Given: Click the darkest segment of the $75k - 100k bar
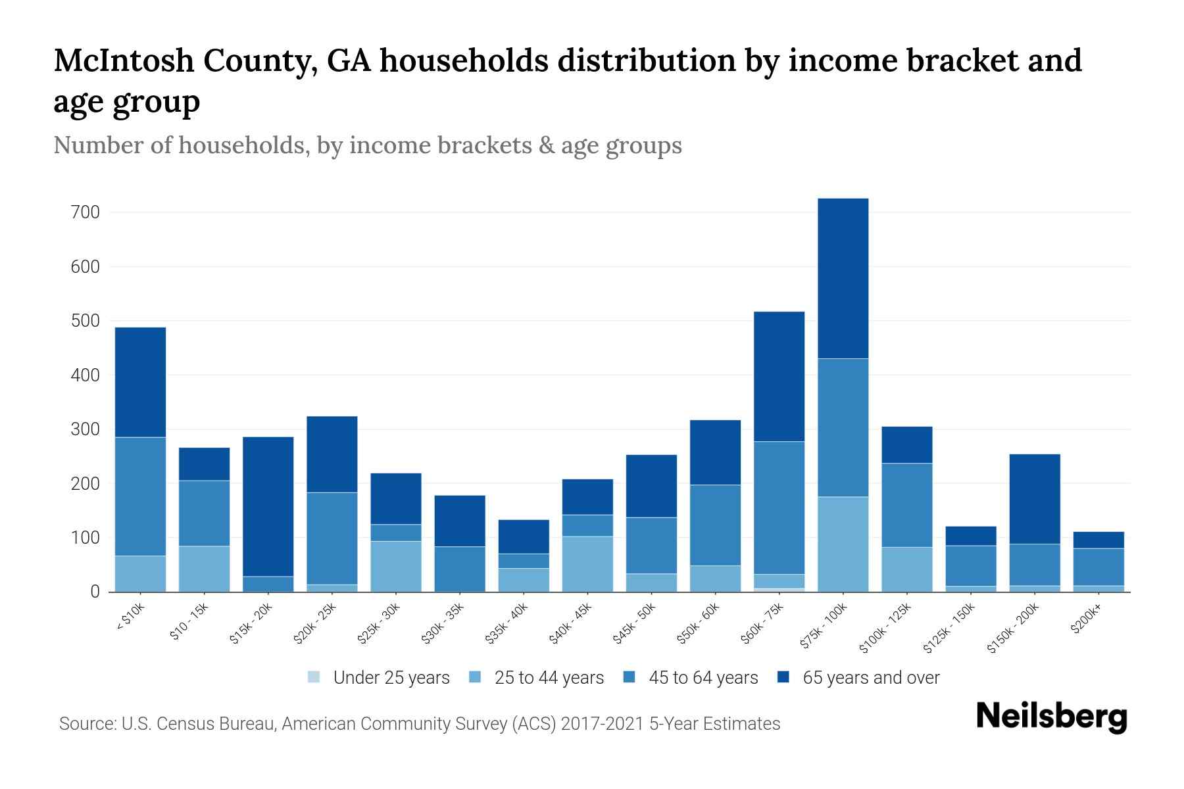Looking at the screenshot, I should pyautogui.click(x=843, y=278).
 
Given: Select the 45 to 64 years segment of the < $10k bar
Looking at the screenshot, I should pyautogui.click(x=140, y=496).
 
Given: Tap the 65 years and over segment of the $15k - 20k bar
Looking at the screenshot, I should pyautogui.click(x=268, y=506).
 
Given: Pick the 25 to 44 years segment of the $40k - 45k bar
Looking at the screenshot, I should pyautogui.click(x=587, y=563).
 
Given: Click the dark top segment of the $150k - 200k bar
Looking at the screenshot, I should pyautogui.click(x=1035, y=498).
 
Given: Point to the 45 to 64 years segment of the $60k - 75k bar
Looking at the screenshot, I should pyautogui.click(x=779, y=508).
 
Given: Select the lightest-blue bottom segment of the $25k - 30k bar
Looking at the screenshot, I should pyautogui.click(x=396, y=566).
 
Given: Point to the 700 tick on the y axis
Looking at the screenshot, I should pyautogui.click(x=87, y=212).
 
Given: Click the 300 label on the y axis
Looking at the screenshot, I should pyautogui.click(x=87, y=429).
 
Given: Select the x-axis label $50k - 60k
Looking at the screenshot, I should pyautogui.click(x=699, y=624).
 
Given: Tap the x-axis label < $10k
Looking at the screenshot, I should pyautogui.click(x=130, y=618).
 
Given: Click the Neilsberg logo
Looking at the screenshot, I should pyautogui.click(x=1051, y=717).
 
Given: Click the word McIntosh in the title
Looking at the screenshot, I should pyautogui.click(x=124, y=60).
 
